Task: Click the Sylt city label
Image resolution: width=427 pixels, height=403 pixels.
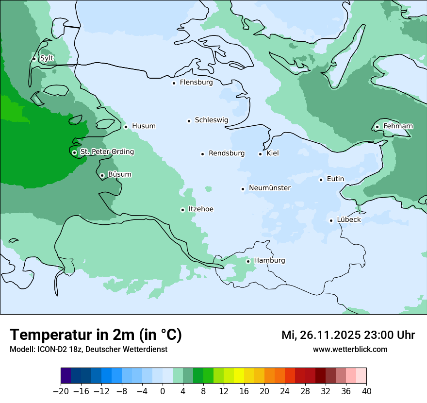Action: tap(47, 58)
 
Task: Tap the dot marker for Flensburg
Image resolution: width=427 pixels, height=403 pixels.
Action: tap(174, 83)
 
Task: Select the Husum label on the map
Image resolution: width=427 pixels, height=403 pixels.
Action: tap(144, 126)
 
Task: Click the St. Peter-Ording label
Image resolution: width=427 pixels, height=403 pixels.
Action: tap(107, 152)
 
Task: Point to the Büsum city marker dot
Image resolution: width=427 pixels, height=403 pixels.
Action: tap(102, 175)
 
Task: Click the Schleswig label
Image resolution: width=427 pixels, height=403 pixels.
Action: tap(211, 120)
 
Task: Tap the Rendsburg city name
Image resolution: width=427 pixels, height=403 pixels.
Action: tap(226, 153)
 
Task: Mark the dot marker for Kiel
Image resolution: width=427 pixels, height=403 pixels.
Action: tap(261, 154)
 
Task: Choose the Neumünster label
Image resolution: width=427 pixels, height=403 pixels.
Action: tap(270, 188)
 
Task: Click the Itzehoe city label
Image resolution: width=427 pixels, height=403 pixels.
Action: tap(201, 209)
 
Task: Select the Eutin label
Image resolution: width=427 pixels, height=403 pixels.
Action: tap(335, 179)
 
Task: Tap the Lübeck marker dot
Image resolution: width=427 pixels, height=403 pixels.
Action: tap(331, 220)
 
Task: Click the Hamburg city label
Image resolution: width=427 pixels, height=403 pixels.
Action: tap(269, 261)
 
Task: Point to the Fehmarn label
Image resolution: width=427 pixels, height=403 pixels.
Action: tap(398, 126)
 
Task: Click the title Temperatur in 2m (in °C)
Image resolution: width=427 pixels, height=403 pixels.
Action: tap(96, 335)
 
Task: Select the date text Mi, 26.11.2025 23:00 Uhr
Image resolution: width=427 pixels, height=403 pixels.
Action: tap(348, 335)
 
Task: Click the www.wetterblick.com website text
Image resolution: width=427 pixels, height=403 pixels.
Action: tap(350, 350)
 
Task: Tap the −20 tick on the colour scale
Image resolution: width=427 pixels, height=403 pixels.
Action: tap(61, 391)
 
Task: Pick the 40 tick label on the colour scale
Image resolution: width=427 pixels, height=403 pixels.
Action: tap(366, 391)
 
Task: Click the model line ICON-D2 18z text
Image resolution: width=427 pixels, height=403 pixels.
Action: tap(88, 350)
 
